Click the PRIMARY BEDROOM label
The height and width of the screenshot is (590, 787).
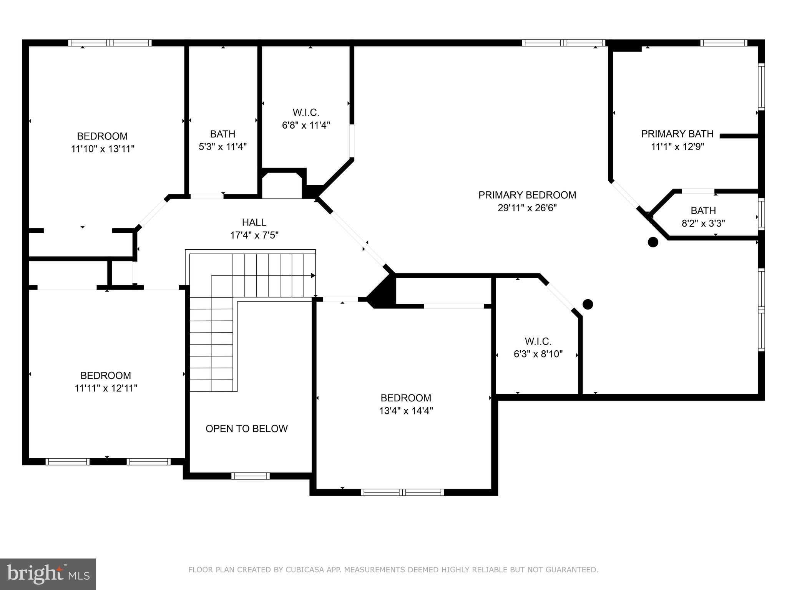527,195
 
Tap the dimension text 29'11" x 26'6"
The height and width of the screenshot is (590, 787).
527,208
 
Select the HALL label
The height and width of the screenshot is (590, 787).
254,222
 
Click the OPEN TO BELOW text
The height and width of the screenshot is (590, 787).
246,429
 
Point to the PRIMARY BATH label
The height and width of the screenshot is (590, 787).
677,134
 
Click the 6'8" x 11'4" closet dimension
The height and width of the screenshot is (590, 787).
306,125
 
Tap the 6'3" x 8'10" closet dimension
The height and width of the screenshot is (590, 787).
538,354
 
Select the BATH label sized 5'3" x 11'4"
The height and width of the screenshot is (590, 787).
222,134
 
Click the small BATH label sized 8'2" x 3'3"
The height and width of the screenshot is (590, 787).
703,210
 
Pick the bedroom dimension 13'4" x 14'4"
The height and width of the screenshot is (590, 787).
406,411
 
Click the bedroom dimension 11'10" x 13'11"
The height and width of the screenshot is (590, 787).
102,149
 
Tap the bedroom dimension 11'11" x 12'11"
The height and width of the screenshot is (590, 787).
106,388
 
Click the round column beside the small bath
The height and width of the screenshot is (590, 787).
653,242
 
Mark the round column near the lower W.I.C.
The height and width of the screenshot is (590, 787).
588,304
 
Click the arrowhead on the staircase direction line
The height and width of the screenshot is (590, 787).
313,275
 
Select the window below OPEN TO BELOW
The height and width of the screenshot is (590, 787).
250,476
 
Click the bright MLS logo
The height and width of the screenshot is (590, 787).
48,574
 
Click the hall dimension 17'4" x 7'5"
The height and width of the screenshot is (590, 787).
254,235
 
